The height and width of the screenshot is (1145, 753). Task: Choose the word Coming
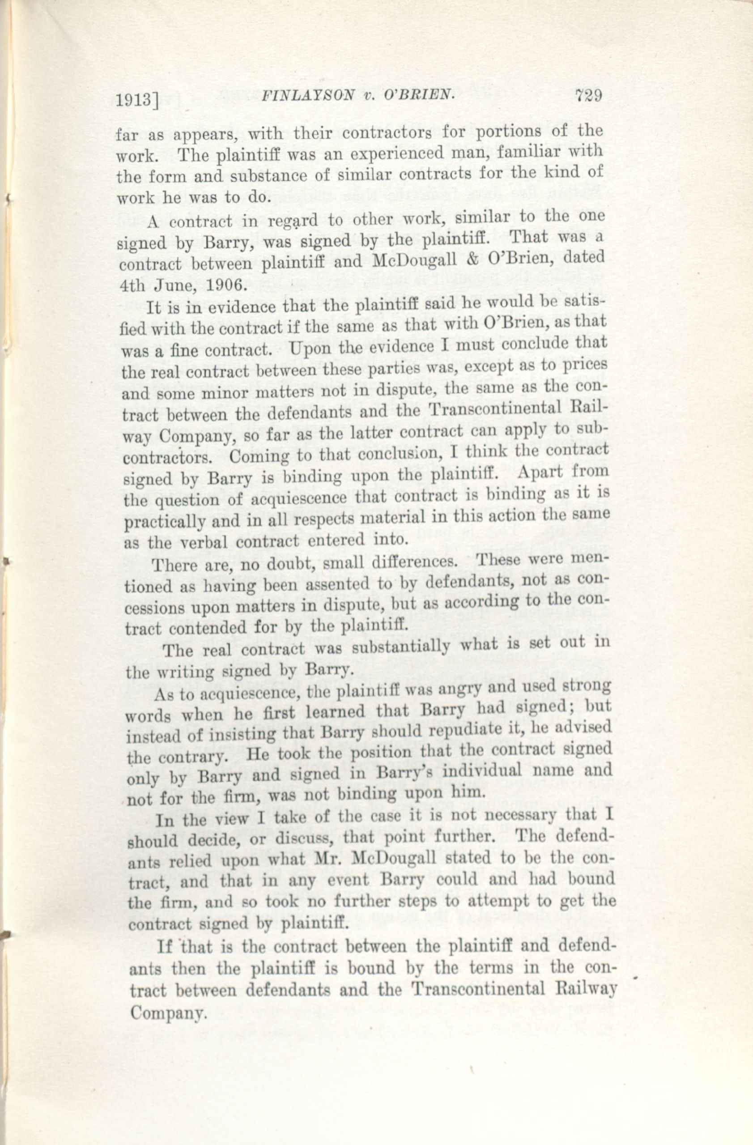click(x=254, y=455)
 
